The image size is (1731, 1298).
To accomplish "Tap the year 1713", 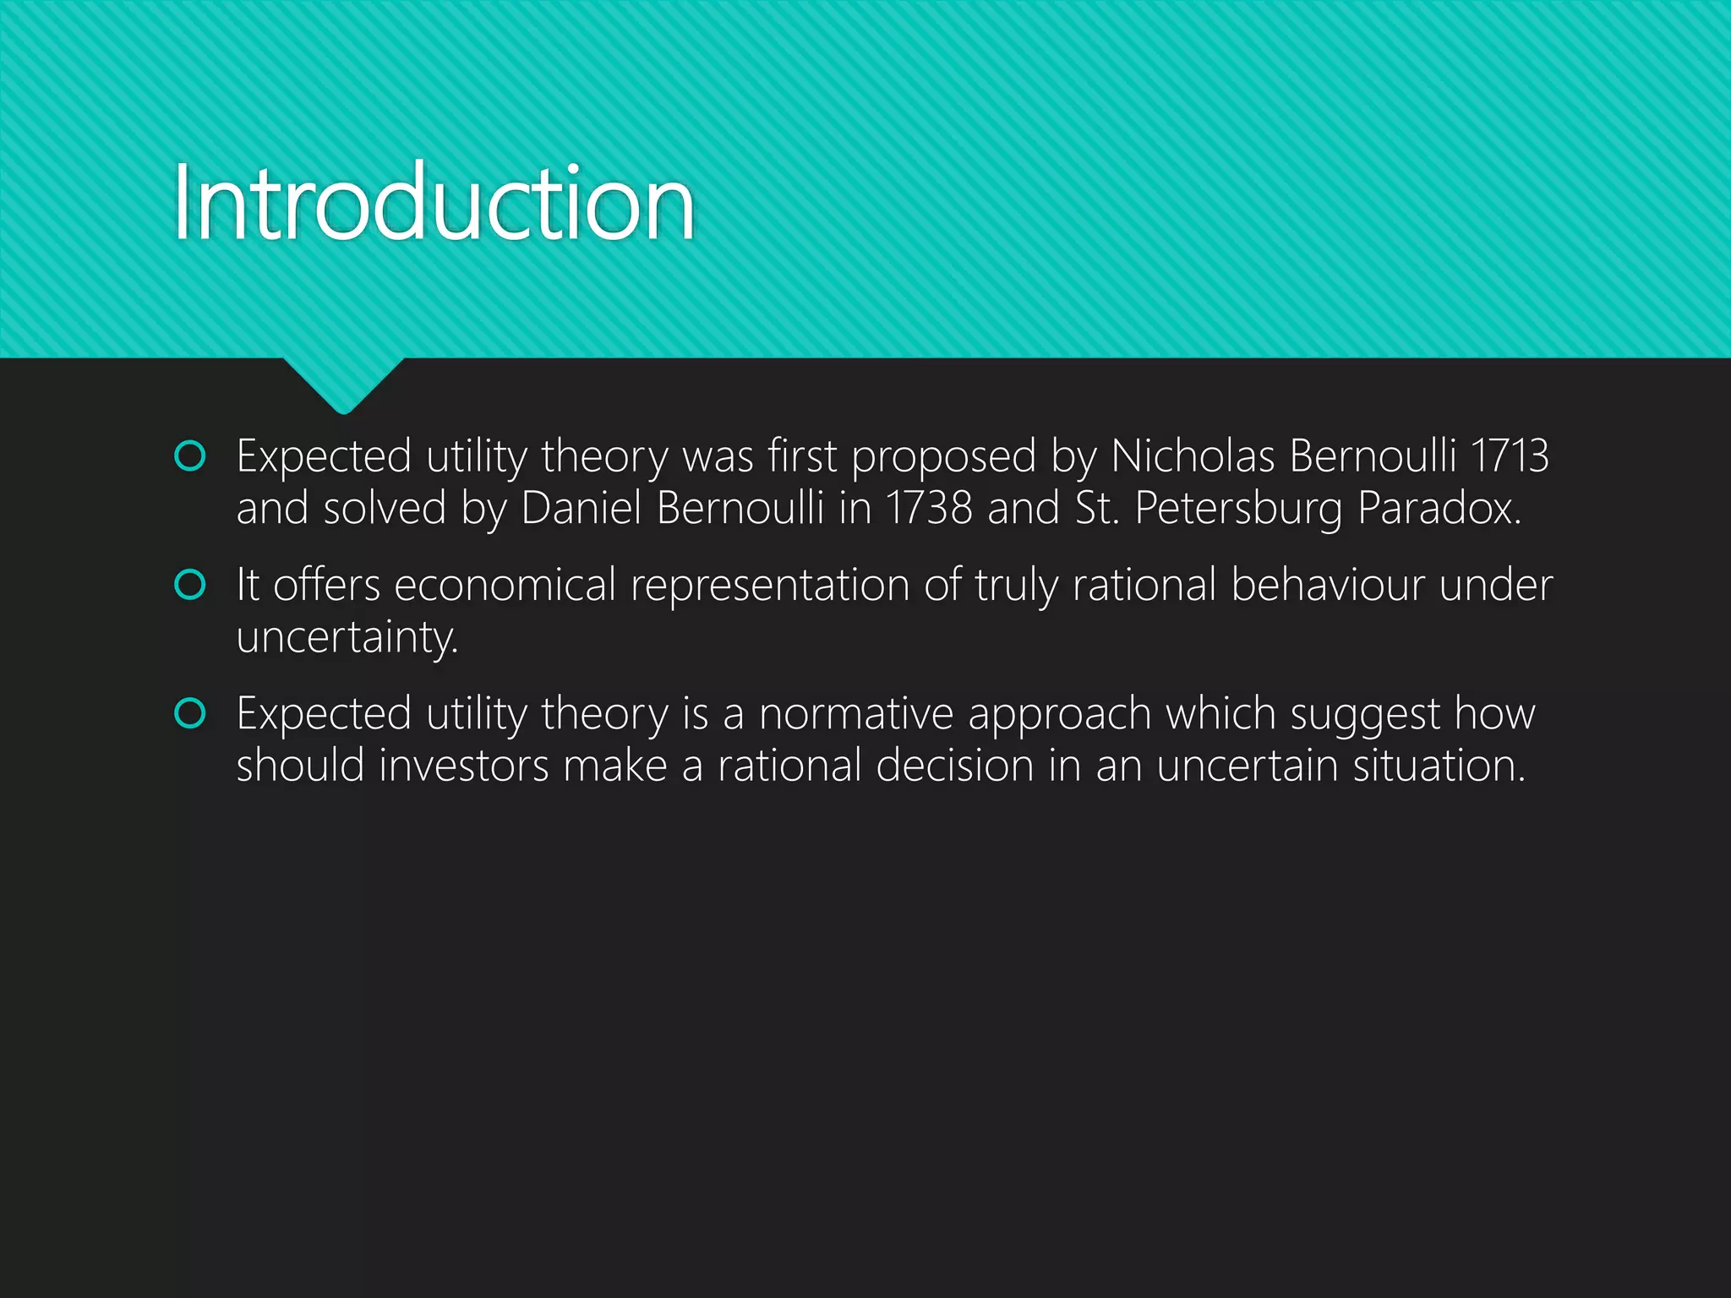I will click(1510, 456).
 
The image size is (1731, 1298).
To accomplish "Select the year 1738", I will click(928, 508).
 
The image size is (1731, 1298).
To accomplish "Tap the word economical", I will click(505, 585).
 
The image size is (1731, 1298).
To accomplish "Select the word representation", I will click(769, 586).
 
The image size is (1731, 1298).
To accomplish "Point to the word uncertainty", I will click(347, 637).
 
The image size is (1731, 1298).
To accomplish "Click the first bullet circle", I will click(189, 456).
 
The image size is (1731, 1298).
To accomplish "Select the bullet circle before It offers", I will click(189, 585).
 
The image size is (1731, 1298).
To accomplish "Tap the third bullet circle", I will click(189, 713).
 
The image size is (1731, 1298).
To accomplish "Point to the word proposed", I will click(943, 458).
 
